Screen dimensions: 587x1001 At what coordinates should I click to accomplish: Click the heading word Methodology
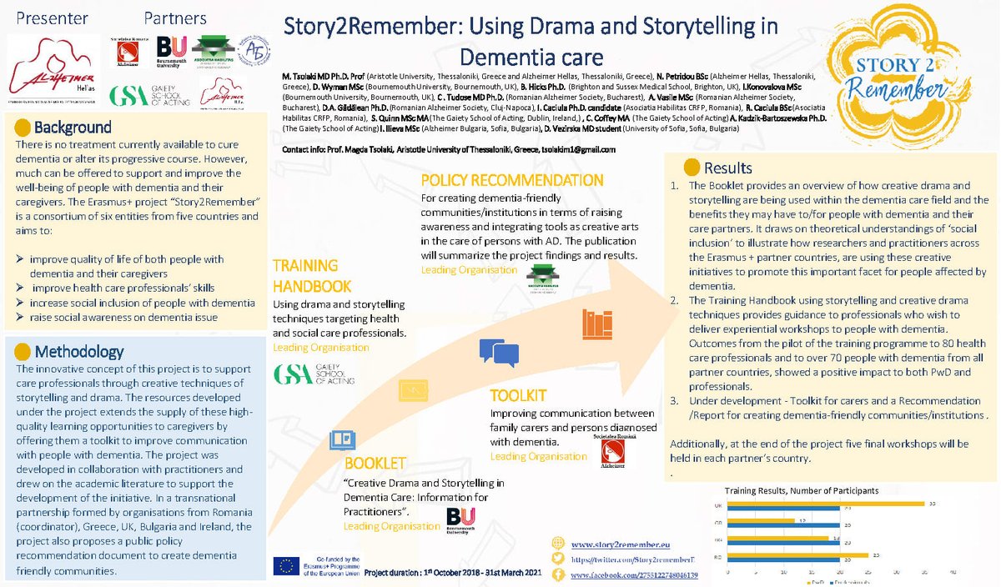[79, 351]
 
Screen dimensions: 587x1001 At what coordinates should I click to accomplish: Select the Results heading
[727, 168]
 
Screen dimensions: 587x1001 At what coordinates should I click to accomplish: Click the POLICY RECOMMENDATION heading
[511, 180]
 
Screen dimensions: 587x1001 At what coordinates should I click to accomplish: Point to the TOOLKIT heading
[518, 395]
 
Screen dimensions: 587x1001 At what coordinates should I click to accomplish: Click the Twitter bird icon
[558, 559]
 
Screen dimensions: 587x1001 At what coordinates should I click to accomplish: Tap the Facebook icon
[558, 575]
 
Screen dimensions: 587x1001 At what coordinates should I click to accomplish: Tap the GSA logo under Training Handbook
[314, 373]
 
